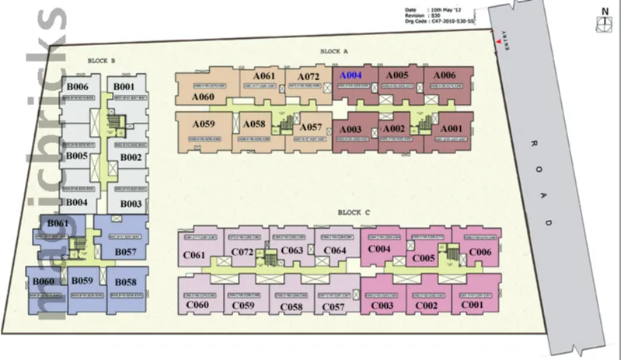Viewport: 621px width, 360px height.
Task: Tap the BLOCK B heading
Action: click(102, 61)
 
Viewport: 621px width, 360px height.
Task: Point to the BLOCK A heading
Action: click(333, 52)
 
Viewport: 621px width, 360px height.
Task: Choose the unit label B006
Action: click(78, 86)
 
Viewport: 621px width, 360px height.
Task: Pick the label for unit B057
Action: click(125, 252)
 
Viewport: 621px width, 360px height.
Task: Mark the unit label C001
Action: click(472, 306)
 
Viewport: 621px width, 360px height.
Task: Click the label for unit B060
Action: click(44, 281)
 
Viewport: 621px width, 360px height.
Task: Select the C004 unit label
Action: click(379, 250)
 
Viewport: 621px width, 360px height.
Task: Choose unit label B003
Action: click(131, 204)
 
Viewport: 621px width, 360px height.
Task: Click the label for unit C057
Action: click(333, 307)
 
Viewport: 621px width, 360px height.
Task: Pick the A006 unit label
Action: click(445, 75)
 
